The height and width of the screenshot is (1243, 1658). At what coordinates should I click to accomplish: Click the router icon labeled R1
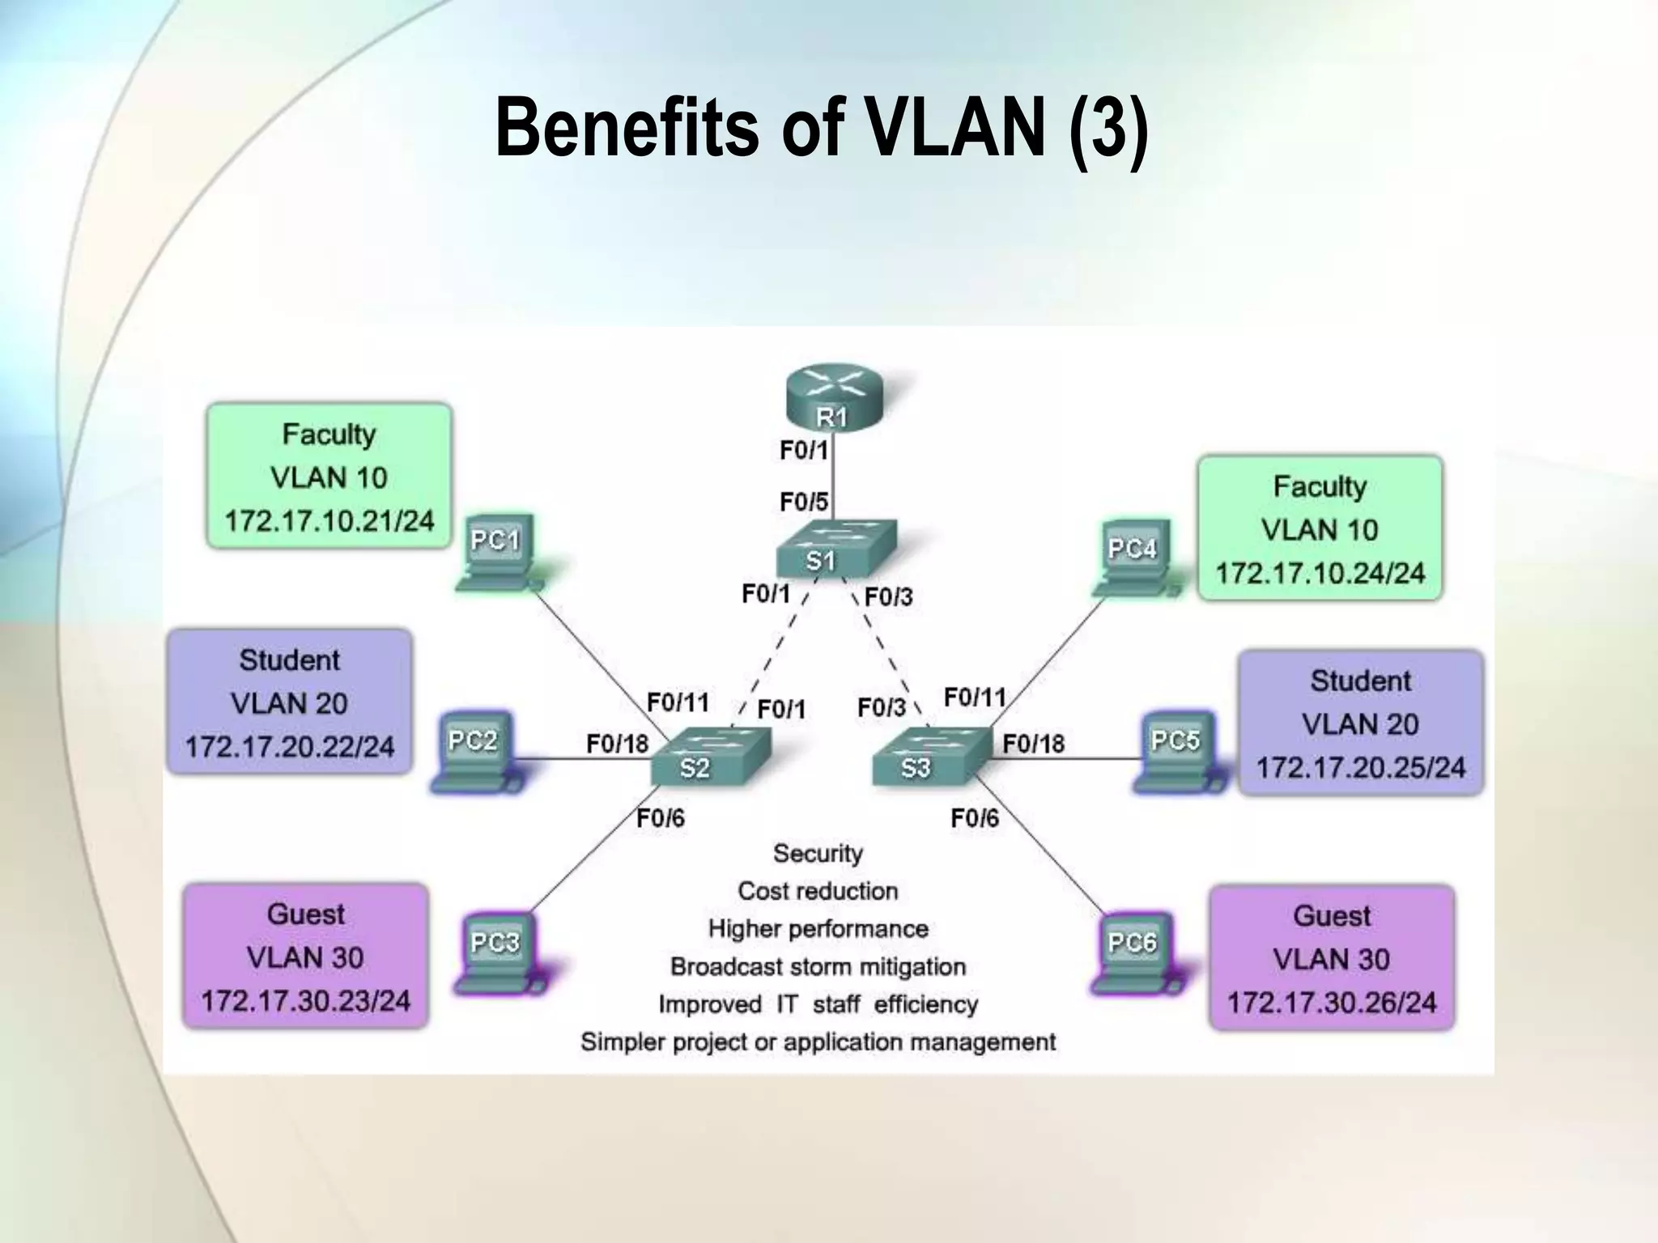click(833, 398)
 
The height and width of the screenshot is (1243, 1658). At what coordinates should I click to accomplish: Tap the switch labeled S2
click(710, 757)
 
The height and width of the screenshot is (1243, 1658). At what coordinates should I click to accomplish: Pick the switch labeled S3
click(931, 757)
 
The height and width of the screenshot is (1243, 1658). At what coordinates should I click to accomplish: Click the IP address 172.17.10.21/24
click(329, 520)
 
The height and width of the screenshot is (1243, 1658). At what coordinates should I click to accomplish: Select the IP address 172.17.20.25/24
click(1360, 767)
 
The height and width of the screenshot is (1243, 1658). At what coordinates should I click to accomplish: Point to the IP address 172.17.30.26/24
click(1332, 1003)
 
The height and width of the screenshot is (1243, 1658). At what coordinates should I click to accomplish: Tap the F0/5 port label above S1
click(804, 503)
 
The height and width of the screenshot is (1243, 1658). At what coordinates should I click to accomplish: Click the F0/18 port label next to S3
click(1034, 743)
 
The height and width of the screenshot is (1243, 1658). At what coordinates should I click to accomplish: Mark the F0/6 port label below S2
click(661, 818)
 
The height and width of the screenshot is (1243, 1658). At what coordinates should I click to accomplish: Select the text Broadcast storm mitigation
click(818, 966)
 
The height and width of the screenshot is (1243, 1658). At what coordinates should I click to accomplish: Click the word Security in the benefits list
click(818, 853)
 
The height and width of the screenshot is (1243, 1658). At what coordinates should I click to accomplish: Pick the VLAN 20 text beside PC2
click(289, 703)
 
